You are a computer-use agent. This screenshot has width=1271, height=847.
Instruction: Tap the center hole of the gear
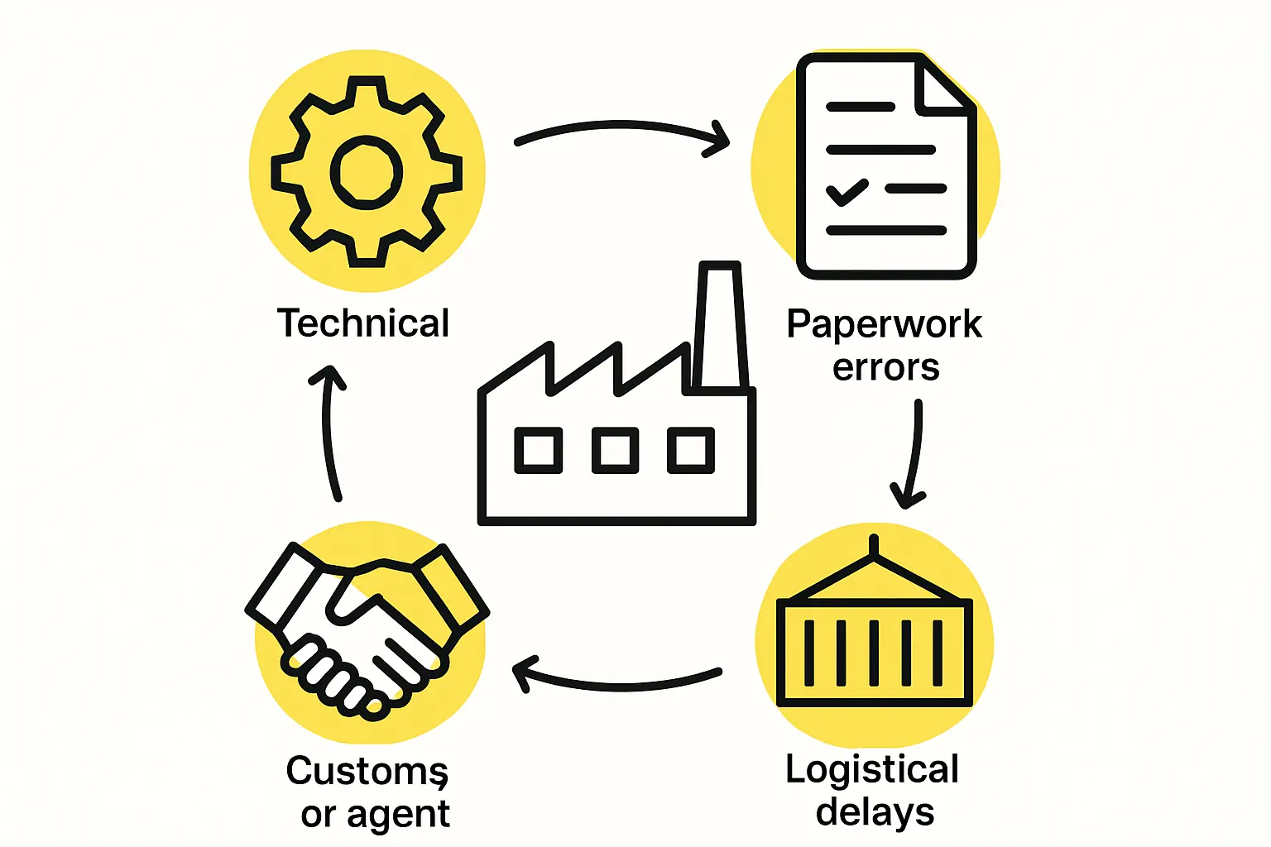point(367,172)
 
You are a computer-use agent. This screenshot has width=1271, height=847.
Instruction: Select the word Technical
point(363,323)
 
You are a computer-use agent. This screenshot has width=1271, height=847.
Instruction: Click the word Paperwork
point(884,323)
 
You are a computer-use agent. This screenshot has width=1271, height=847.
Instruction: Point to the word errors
point(885,366)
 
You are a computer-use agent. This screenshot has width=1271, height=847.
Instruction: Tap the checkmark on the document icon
point(847,191)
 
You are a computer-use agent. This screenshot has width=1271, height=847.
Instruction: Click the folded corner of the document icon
point(942,88)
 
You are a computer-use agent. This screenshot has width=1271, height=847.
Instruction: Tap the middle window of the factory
point(615,451)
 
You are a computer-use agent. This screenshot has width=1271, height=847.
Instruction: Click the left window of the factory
point(539,451)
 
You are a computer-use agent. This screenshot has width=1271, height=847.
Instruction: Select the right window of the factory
point(691,451)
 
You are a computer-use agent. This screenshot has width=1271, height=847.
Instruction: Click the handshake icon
point(367,629)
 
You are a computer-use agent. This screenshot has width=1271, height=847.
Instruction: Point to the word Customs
point(367,772)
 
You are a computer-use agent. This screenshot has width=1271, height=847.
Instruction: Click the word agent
point(398,815)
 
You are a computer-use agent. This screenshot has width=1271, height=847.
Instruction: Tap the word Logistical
point(872,770)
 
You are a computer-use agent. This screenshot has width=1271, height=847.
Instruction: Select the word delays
point(875,812)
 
